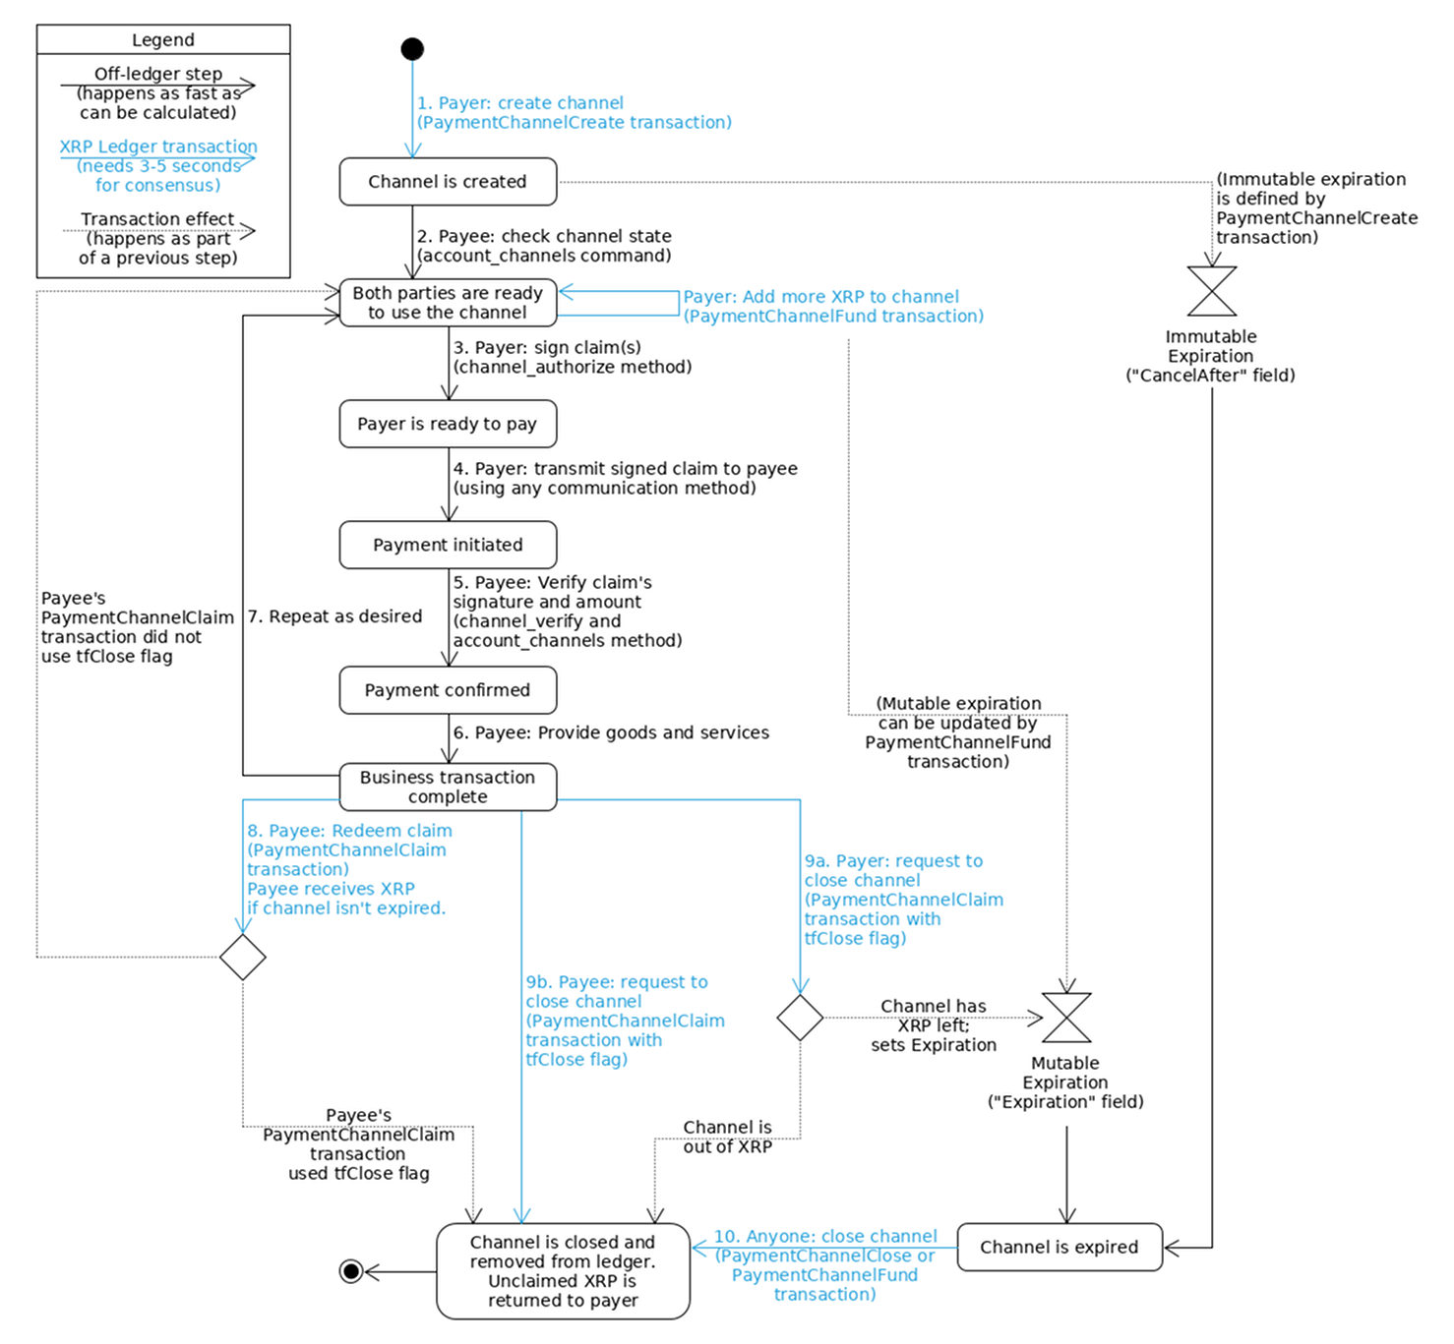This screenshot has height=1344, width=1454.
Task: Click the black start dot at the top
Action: coord(413,49)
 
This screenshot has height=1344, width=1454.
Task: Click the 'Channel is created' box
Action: coord(448,182)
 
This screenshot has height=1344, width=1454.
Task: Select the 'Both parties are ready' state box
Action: coord(448,303)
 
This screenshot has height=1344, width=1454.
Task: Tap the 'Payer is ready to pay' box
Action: coord(448,424)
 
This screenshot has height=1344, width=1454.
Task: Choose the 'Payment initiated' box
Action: coord(448,545)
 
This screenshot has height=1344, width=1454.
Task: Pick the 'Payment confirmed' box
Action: coord(448,690)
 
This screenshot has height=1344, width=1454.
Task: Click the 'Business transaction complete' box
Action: coord(448,787)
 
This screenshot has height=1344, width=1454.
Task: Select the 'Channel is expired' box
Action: coord(1060,1248)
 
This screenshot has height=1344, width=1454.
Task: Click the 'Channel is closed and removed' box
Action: coord(563,1271)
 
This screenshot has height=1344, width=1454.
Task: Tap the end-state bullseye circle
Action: coord(351,1271)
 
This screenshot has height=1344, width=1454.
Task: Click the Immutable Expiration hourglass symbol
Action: coord(1212,291)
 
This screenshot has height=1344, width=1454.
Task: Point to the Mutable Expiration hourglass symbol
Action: coord(1066,1018)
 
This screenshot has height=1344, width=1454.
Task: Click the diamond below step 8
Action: coord(243,957)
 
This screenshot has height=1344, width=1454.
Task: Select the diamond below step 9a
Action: coord(800,1018)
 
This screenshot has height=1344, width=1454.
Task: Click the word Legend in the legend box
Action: coord(163,40)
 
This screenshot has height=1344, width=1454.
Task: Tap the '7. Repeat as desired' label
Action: coord(334,616)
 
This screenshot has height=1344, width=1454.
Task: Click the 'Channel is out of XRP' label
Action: coord(728,1137)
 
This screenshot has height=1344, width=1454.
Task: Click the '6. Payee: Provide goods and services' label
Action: coord(611,732)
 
